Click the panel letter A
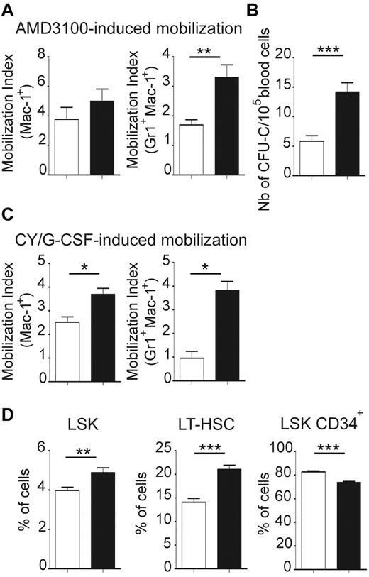pos(9,9)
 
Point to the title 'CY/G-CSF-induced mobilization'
pos(132,240)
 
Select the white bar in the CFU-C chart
pos(312,157)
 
